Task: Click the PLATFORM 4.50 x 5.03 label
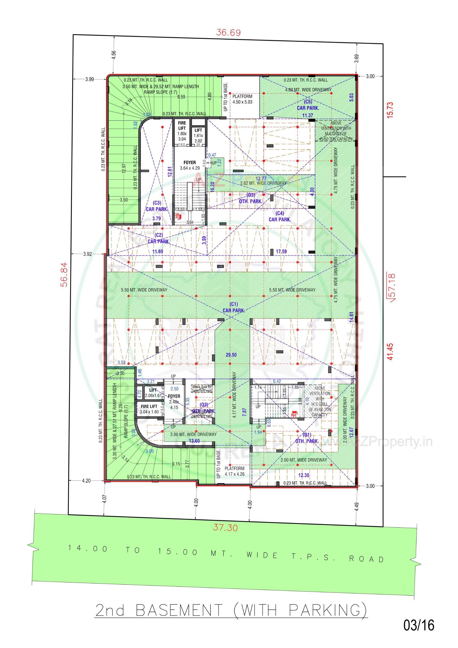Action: click(x=242, y=99)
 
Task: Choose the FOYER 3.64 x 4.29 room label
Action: click(x=189, y=165)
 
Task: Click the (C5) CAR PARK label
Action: click(x=308, y=105)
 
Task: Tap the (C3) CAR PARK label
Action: click(x=157, y=206)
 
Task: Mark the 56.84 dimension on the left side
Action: click(x=65, y=274)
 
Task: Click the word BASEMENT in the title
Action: click(x=179, y=610)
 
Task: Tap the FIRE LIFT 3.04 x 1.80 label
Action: click(x=149, y=409)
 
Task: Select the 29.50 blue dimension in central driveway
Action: click(x=231, y=355)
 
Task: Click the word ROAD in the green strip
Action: click(x=366, y=559)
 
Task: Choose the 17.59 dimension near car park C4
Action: click(x=281, y=251)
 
